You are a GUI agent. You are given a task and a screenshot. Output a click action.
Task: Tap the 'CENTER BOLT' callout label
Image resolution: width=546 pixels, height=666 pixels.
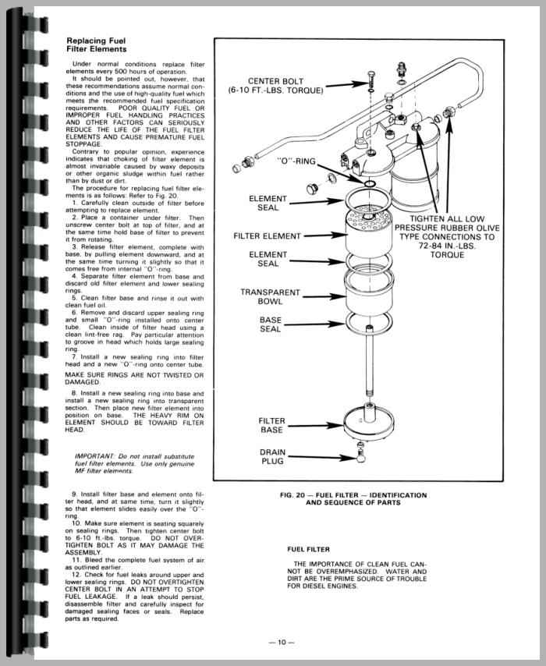pos(279,86)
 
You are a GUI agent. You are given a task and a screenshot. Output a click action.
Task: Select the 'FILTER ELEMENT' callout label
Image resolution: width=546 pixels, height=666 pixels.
pos(268,234)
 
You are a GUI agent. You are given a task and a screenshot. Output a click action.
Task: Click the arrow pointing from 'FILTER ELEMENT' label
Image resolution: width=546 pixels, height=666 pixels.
pos(320,234)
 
